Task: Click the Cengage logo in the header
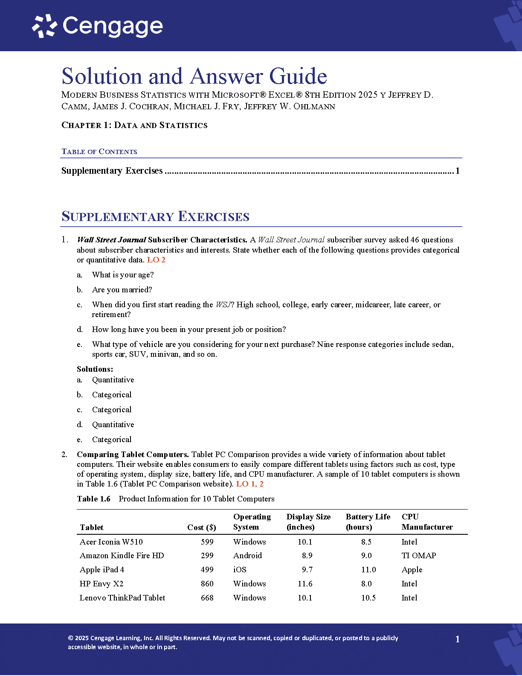(98, 26)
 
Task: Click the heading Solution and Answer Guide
(194, 76)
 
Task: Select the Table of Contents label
(99, 152)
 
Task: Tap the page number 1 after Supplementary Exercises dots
(458, 171)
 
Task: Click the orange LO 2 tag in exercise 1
(156, 260)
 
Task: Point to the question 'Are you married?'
(122, 290)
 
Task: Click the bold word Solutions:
(95, 369)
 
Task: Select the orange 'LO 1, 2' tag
(250, 484)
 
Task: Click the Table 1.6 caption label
(94, 499)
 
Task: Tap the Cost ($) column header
(202, 527)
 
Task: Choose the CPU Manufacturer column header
(427, 522)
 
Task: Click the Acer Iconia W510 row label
(111, 542)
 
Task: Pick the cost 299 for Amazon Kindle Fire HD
(207, 556)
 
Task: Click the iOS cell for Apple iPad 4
(240, 570)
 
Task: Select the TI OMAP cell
(419, 556)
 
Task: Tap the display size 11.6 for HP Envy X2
(305, 584)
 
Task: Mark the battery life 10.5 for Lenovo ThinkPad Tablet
(368, 598)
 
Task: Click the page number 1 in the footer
(458, 639)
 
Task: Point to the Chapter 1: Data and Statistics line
(134, 125)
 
